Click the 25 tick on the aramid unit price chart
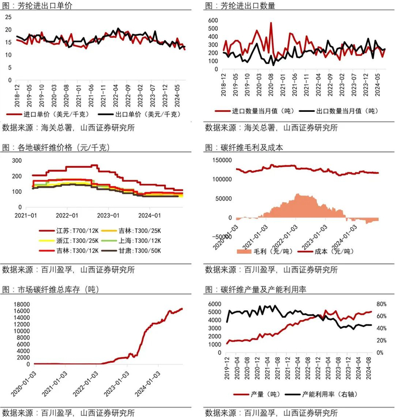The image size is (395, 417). [8, 17]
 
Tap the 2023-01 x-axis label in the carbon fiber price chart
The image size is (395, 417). [108, 215]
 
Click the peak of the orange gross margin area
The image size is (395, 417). [299, 196]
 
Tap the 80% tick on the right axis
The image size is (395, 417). [383, 303]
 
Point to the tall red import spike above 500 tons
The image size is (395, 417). [271, 24]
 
